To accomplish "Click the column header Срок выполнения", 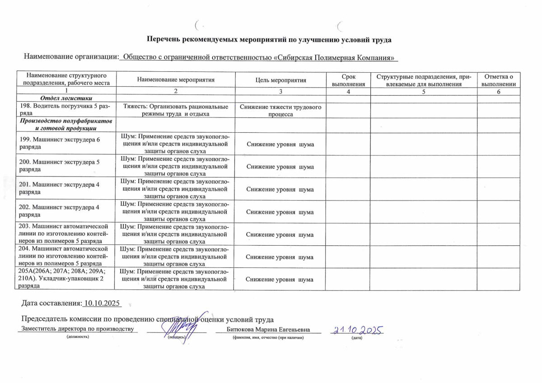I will (348, 80).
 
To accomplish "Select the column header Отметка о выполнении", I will (498, 80).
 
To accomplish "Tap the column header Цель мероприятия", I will (280, 80).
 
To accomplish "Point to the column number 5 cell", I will (424, 92).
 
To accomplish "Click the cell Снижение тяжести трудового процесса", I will (280, 110).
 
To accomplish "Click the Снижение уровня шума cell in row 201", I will (280, 189).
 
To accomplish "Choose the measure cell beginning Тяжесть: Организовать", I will (176, 110).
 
